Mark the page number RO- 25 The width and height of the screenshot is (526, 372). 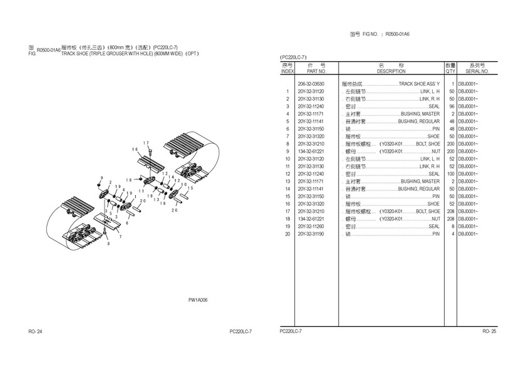pyautogui.click(x=489, y=331)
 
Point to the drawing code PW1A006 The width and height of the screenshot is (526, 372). pyautogui.click(x=198, y=300)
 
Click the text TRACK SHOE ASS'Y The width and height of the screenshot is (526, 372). pyautogui.click(x=419, y=84)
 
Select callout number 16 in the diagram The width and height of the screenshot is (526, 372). pyautogui.click(x=135, y=149)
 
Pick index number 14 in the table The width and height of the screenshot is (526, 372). pyautogui.click(x=287, y=189)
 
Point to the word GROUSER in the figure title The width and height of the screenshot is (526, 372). pyautogui.click(x=118, y=54)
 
